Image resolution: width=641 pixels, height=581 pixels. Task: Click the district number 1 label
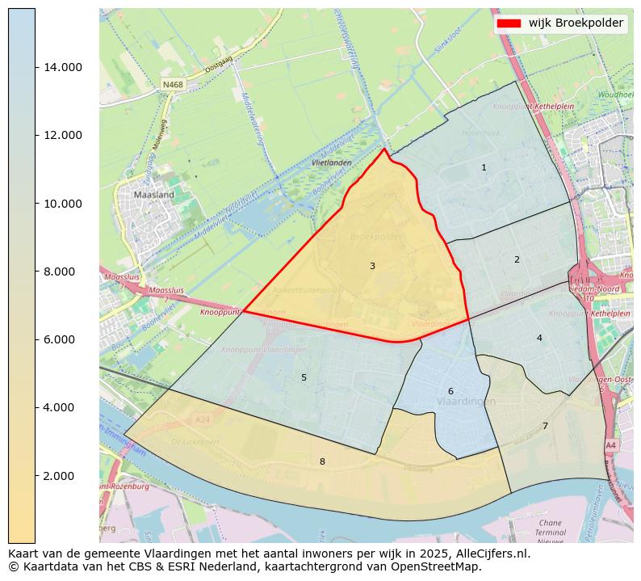(x=484, y=168)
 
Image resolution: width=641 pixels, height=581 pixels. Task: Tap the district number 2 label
(x=517, y=260)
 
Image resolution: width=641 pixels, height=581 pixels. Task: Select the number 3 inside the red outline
(x=372, y=267)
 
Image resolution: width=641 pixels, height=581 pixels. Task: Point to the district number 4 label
(x=539, y=338)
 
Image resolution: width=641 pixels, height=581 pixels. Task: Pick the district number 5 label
(x=304, y=377)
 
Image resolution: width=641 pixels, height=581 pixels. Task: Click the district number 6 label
(x=450, y=392)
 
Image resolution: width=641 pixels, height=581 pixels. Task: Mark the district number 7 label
(x=545, y=426)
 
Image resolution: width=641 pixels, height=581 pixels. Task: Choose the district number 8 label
(x=322, y=461)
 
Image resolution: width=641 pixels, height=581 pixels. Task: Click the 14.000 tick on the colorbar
(x=63, y=67)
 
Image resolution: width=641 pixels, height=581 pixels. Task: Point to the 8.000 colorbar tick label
(x=63, y=272)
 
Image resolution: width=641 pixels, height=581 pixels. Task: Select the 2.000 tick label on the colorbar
(x=63, y=476)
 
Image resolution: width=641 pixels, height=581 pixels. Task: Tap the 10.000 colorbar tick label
(x=63, y=204)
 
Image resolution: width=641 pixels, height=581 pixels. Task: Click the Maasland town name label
(x=153, y=195)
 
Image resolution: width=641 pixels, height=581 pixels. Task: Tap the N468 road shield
(x=172, y=85)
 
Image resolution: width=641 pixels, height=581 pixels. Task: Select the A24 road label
(x=202, y=419)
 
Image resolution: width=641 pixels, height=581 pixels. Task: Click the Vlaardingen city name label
(x=466, y=402)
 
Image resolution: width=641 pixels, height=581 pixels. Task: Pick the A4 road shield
(x=610, y=445)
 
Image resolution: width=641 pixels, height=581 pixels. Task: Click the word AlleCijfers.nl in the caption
(x=491, y=554)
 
